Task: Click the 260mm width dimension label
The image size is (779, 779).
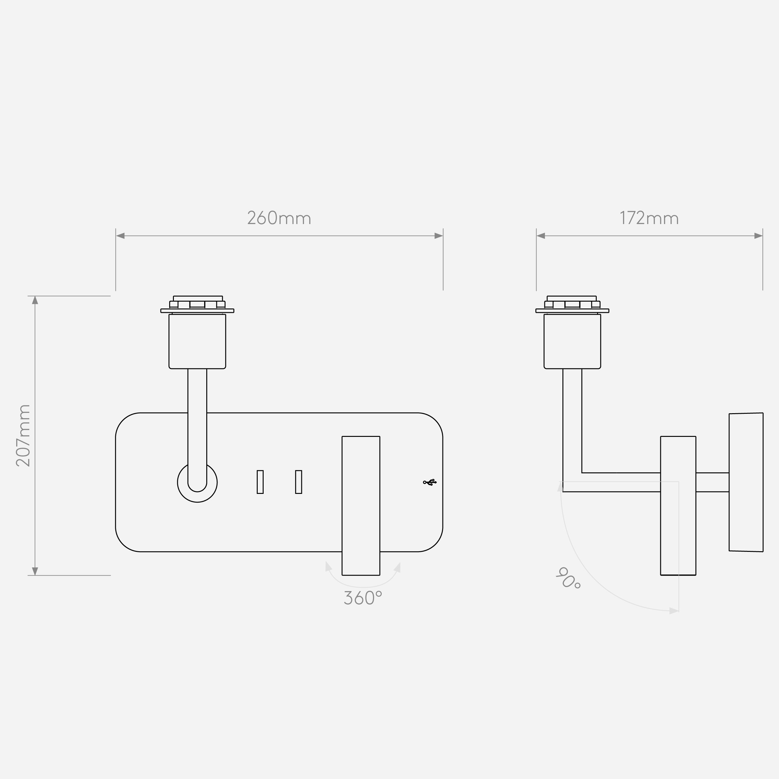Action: tap(279, 218)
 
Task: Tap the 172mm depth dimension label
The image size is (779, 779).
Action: tap(649, 218)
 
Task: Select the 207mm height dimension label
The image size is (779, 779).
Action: tap(23, 436)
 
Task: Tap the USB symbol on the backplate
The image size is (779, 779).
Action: tap(430, 482)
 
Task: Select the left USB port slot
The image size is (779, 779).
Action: tap(260, 482)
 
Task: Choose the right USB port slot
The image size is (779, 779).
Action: tap(299, 482)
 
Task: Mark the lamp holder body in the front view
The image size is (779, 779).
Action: tap(197, 341)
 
